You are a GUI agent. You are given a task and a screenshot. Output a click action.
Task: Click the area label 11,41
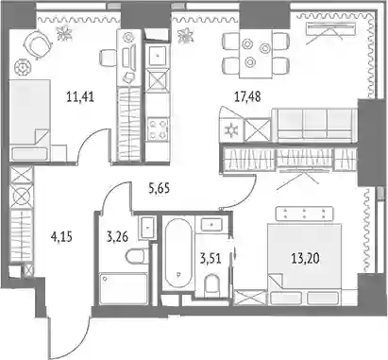[80, 96]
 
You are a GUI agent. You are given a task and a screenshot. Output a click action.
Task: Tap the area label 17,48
[247, 96]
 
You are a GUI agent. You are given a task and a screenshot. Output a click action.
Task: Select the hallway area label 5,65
[159, 188]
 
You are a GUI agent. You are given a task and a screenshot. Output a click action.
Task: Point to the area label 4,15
[61, 236]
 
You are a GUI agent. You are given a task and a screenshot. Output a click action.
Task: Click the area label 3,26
[117, 236]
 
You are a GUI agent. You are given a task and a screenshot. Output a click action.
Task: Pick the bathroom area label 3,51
[211, 259]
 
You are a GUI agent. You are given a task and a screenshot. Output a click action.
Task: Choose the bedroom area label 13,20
[305, 259]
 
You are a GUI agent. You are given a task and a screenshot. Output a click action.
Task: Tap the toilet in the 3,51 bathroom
[211, 285]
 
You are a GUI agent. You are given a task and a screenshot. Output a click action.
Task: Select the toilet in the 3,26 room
[138, 255]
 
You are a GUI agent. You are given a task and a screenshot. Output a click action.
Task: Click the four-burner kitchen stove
[158, 129]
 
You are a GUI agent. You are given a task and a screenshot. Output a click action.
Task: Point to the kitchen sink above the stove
[159, 56]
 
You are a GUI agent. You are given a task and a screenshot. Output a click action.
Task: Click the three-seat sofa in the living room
[314, 125]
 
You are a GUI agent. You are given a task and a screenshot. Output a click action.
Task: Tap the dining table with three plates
[256, 54]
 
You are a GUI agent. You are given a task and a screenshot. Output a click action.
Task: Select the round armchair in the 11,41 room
[37, 44]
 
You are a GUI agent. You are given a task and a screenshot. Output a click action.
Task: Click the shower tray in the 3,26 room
[124, 289]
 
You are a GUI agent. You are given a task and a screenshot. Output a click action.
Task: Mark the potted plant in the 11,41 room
[64, 33]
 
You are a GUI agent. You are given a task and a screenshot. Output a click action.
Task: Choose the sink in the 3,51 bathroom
[212, 224]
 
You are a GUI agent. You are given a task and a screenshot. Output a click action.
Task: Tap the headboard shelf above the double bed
[304, 214]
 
